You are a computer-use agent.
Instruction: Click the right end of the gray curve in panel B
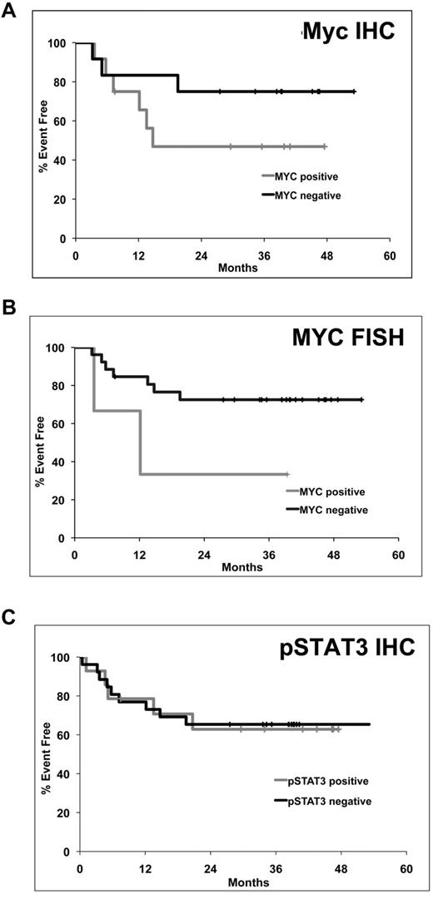[287, 474]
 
